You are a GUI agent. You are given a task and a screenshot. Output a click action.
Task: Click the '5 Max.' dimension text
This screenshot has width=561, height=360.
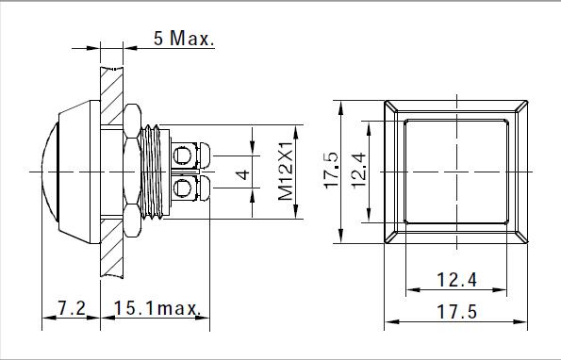pos(184,38)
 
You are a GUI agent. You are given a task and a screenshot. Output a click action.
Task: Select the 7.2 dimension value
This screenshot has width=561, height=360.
pos(72,307)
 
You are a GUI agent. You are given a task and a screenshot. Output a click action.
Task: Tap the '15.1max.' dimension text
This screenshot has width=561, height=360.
pos(157,308)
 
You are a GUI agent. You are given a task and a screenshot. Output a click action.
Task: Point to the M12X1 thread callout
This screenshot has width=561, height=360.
pos(286,172)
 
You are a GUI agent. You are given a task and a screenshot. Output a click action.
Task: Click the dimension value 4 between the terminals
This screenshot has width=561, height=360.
pos(243,174)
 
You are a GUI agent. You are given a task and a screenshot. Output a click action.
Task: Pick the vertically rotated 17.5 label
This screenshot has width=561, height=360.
pos(331,170)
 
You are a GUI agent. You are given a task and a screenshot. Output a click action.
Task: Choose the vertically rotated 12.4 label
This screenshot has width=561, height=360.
pos(358,170)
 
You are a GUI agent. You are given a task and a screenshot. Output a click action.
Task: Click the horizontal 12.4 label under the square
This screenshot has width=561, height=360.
pos(457,280)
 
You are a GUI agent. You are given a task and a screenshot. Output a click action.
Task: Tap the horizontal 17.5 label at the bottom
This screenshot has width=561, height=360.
pos(457,312)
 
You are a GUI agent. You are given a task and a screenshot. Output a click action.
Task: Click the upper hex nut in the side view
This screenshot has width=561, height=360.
pos(132,121)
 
